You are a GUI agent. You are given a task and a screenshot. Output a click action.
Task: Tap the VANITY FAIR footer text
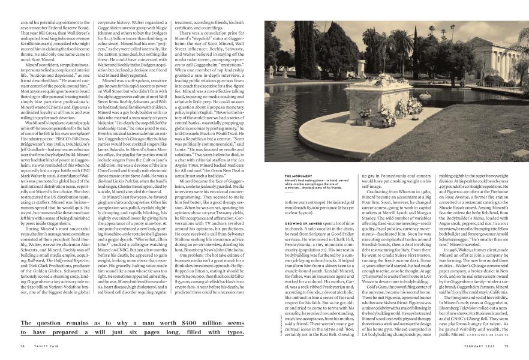(44, 345)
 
